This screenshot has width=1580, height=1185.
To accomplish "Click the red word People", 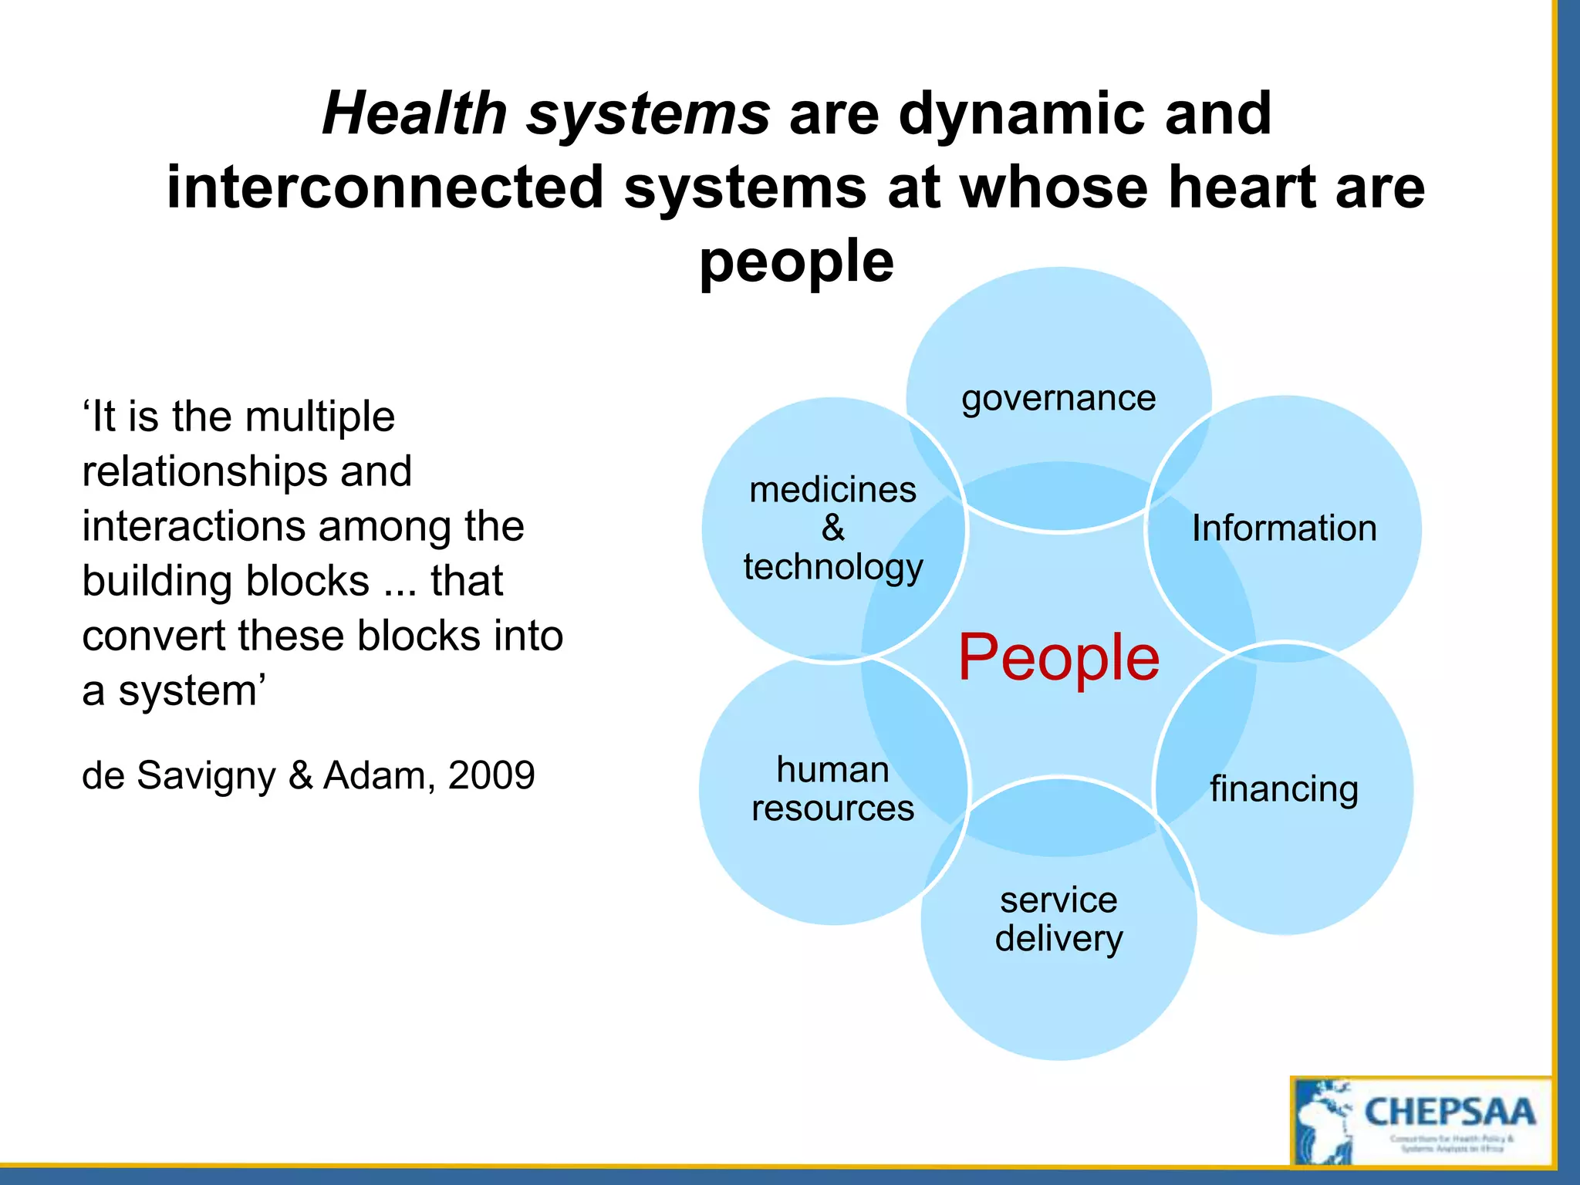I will tap(1058, 657).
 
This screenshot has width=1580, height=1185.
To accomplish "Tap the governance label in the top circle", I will tap(1058, 399).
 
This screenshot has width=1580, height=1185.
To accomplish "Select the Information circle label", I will tap(1284, 528).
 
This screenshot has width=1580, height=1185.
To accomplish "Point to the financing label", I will tap(1284, 789).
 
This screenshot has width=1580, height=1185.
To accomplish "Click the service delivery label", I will tap(1058, 919).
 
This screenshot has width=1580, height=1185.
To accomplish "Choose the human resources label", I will tap(832, 788).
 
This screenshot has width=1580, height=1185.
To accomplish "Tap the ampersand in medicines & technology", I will tap(832, 528).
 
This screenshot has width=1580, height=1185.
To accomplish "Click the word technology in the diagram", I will tap(832, 567).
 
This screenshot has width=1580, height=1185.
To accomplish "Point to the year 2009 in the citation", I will tap(491, 775).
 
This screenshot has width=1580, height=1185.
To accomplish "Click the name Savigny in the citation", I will tap(206, 776).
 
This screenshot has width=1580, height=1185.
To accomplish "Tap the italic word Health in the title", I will tap(414, 113).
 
